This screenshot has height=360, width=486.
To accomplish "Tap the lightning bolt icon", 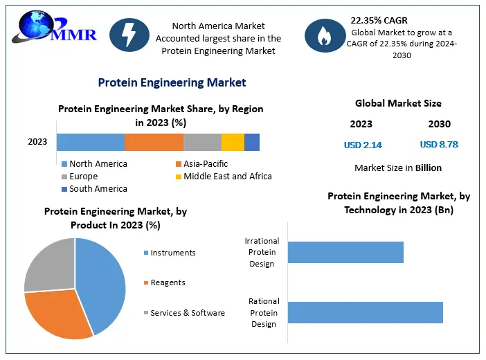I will [x=129, y=34].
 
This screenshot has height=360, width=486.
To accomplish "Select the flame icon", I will [x=323, y=35].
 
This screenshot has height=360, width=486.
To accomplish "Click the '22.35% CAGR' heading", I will [x=379, y=20].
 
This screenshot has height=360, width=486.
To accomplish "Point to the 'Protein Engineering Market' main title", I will [x=172, y=82].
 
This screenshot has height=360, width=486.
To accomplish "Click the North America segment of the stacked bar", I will [x=90, y=142].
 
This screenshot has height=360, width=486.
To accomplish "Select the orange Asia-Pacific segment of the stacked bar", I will [x=154, y=142].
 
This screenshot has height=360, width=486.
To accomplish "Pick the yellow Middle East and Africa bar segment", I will [x=233, y=142].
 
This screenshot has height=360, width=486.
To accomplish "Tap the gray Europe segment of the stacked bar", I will [x=202, y=142].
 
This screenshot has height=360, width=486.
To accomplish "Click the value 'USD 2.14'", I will [x=363, y=145].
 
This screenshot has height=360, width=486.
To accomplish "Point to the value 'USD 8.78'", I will [x=439, y=145].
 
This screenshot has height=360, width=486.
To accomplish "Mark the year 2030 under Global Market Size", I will [x=439, y=124].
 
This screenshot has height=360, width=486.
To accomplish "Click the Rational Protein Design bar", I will [x=365, y=312].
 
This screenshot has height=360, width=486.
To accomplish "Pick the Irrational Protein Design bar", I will [x=345, y=252].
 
